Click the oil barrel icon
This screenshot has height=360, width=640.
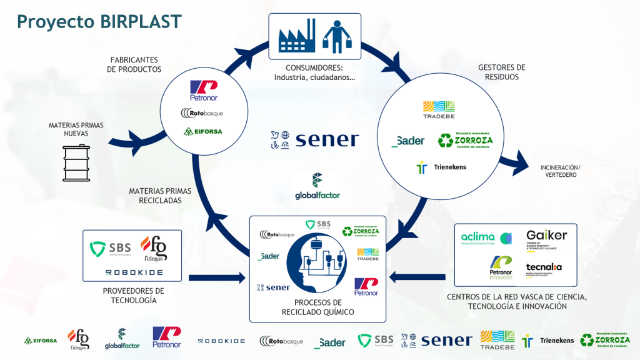(x=75, y=161)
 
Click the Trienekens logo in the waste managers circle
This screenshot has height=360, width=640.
(x=442, y=167)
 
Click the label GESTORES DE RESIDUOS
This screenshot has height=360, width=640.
(x=501, y=72)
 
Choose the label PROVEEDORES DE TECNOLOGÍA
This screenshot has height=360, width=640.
(x=133, y=296)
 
